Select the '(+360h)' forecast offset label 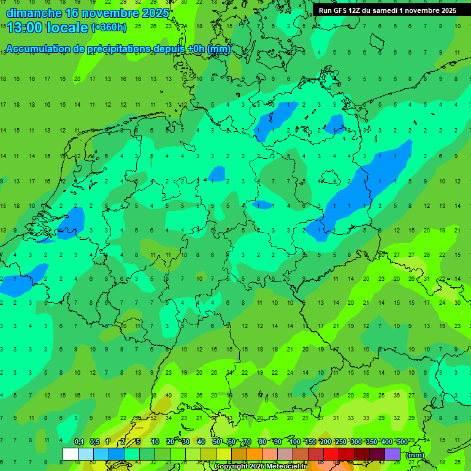point(109,27)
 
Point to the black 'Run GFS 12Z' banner point(387,10)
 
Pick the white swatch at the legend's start point(71,454)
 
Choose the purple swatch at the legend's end point(392,454)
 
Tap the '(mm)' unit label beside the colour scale point(415,455)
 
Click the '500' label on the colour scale point(402,442)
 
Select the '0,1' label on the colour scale point(79,442)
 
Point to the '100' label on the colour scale point(294,442)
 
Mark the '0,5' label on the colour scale point(94,442)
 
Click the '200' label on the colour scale point(325,442)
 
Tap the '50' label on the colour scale point(216,442)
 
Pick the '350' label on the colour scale point(371,442)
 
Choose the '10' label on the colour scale point(155,442)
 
